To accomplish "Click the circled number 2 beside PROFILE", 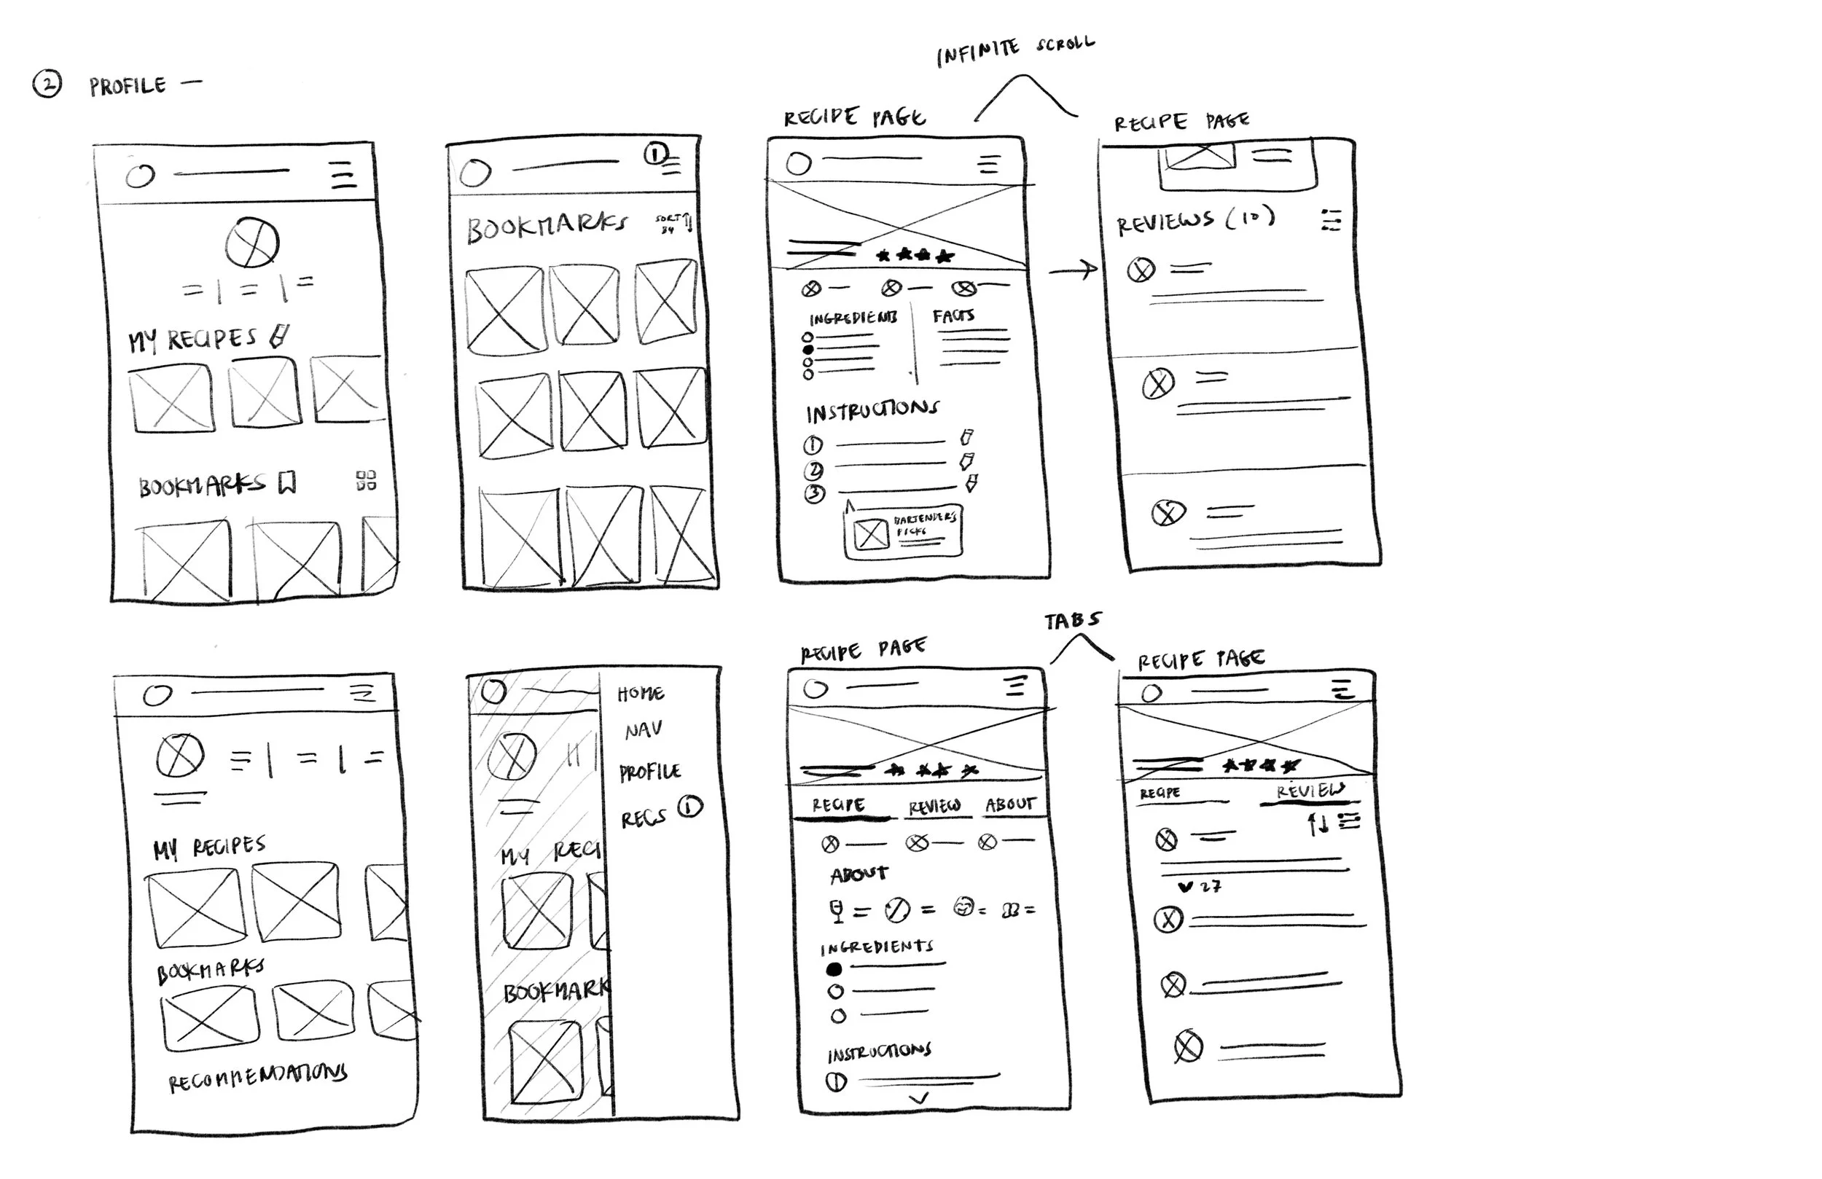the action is (47, 85).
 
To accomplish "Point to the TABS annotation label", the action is (1073, 620).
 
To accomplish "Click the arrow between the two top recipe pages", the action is (1074, 270).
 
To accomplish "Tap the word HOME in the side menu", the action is (641, 694).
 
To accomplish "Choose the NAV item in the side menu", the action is (643, 730).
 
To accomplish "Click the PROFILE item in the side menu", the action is (650, 772).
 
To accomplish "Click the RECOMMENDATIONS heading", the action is (257, 1076).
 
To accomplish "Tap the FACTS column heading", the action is (953, 316).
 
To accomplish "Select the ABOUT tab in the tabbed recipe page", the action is (1010, 804).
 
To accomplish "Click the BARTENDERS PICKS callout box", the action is (903, 532).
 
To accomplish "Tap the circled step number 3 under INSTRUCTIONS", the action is (815, 494).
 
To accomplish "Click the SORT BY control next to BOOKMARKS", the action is (673, 224).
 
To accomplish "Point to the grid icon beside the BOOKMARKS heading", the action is (366, 481).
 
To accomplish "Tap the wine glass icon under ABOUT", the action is (837, 910).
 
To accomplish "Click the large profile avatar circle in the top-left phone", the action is (252, 243).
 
